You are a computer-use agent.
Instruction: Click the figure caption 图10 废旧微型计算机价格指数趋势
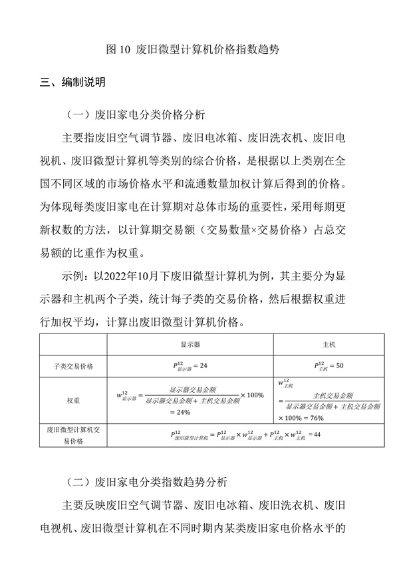(199, 49)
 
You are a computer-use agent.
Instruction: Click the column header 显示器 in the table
(190, 345)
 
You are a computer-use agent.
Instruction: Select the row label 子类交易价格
(73, 365)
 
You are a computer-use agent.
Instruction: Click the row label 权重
(73, 401)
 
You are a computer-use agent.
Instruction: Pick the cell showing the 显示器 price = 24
(190, 365)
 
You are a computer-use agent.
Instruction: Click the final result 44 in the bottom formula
(317, 435)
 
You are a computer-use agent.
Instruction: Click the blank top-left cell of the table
(73, 345)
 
